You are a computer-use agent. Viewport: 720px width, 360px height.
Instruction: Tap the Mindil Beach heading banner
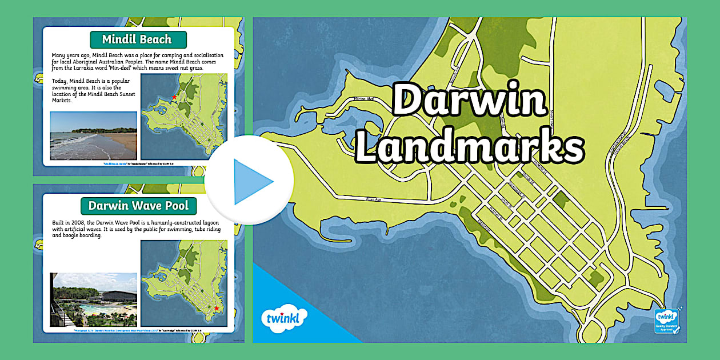point(137,39)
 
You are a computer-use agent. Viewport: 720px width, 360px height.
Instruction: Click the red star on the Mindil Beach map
point(174,97)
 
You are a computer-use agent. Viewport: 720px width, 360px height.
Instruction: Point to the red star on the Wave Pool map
point(216,309)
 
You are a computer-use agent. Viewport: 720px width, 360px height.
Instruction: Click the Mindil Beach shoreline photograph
point(93,135)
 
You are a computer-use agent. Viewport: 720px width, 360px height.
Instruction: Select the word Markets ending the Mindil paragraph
point(62,101)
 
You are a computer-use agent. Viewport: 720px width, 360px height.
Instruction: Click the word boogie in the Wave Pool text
point(69,235)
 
